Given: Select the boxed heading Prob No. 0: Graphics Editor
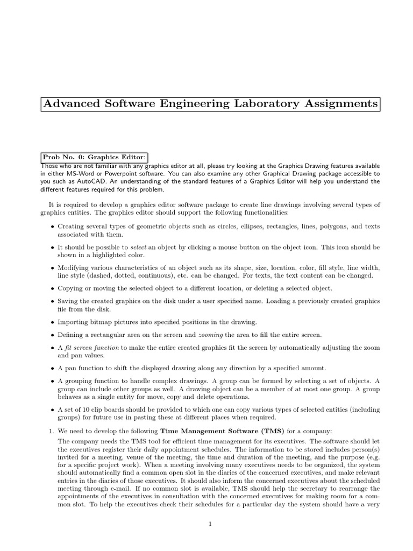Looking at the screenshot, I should [94, 157].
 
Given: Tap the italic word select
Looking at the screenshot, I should [139, 247].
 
